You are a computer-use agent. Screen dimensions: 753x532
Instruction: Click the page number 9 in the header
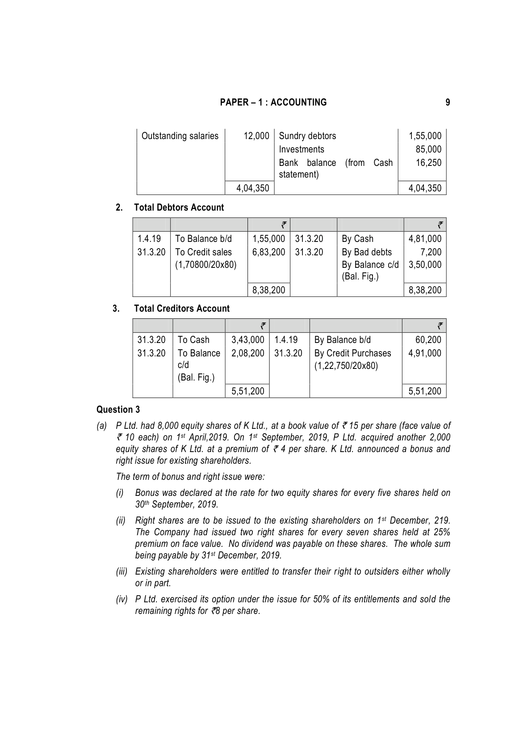448,102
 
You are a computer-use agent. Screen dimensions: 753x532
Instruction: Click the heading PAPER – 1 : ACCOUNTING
273,102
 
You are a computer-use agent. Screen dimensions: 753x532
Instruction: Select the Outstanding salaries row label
180,136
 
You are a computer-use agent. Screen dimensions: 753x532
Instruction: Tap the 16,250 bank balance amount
428,163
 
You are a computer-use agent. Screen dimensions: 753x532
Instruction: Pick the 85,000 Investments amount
428,149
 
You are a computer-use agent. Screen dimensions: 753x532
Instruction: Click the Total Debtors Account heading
179,207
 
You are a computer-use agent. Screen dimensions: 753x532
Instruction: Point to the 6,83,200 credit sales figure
268,252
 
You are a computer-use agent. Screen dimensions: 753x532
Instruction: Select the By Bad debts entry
367,252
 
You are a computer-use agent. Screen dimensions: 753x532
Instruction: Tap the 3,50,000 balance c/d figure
425,265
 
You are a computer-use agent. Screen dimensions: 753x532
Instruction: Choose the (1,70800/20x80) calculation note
206,265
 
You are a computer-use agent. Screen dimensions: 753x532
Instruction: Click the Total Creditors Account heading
181,309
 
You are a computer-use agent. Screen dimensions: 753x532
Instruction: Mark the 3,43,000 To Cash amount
248,340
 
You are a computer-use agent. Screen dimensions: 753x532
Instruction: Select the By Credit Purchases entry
353,353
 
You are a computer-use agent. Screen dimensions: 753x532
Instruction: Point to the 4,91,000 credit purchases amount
425,353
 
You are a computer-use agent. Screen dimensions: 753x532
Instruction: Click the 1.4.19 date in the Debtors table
149,239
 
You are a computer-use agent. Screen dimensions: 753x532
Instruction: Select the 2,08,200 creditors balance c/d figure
248,353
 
